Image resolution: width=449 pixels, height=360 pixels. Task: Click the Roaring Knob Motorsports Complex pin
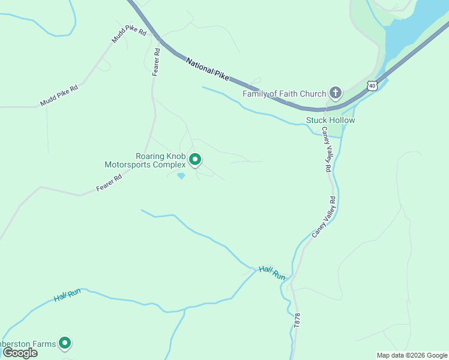195,160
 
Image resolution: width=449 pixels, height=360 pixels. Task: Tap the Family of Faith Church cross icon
336,93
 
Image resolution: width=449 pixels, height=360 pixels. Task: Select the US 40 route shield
373,86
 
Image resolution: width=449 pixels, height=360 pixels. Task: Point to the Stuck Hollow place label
330,120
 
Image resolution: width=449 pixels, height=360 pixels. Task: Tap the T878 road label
297,319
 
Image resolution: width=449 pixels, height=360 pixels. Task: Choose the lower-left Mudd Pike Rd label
59,95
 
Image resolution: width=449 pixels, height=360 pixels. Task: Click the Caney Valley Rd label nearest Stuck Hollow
326,150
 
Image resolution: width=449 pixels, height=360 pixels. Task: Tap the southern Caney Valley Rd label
324,216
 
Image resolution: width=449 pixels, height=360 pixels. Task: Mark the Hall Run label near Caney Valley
273,273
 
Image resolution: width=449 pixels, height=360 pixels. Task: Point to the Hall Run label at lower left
67,295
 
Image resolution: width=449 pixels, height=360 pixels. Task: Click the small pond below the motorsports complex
181,176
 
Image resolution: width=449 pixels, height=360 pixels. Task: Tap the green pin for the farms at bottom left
65,343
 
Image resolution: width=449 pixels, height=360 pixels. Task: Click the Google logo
20,353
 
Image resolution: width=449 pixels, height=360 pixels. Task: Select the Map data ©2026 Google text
412,355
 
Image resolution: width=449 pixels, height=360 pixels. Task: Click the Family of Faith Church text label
284,94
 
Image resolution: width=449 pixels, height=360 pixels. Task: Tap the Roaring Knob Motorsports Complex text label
145,160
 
